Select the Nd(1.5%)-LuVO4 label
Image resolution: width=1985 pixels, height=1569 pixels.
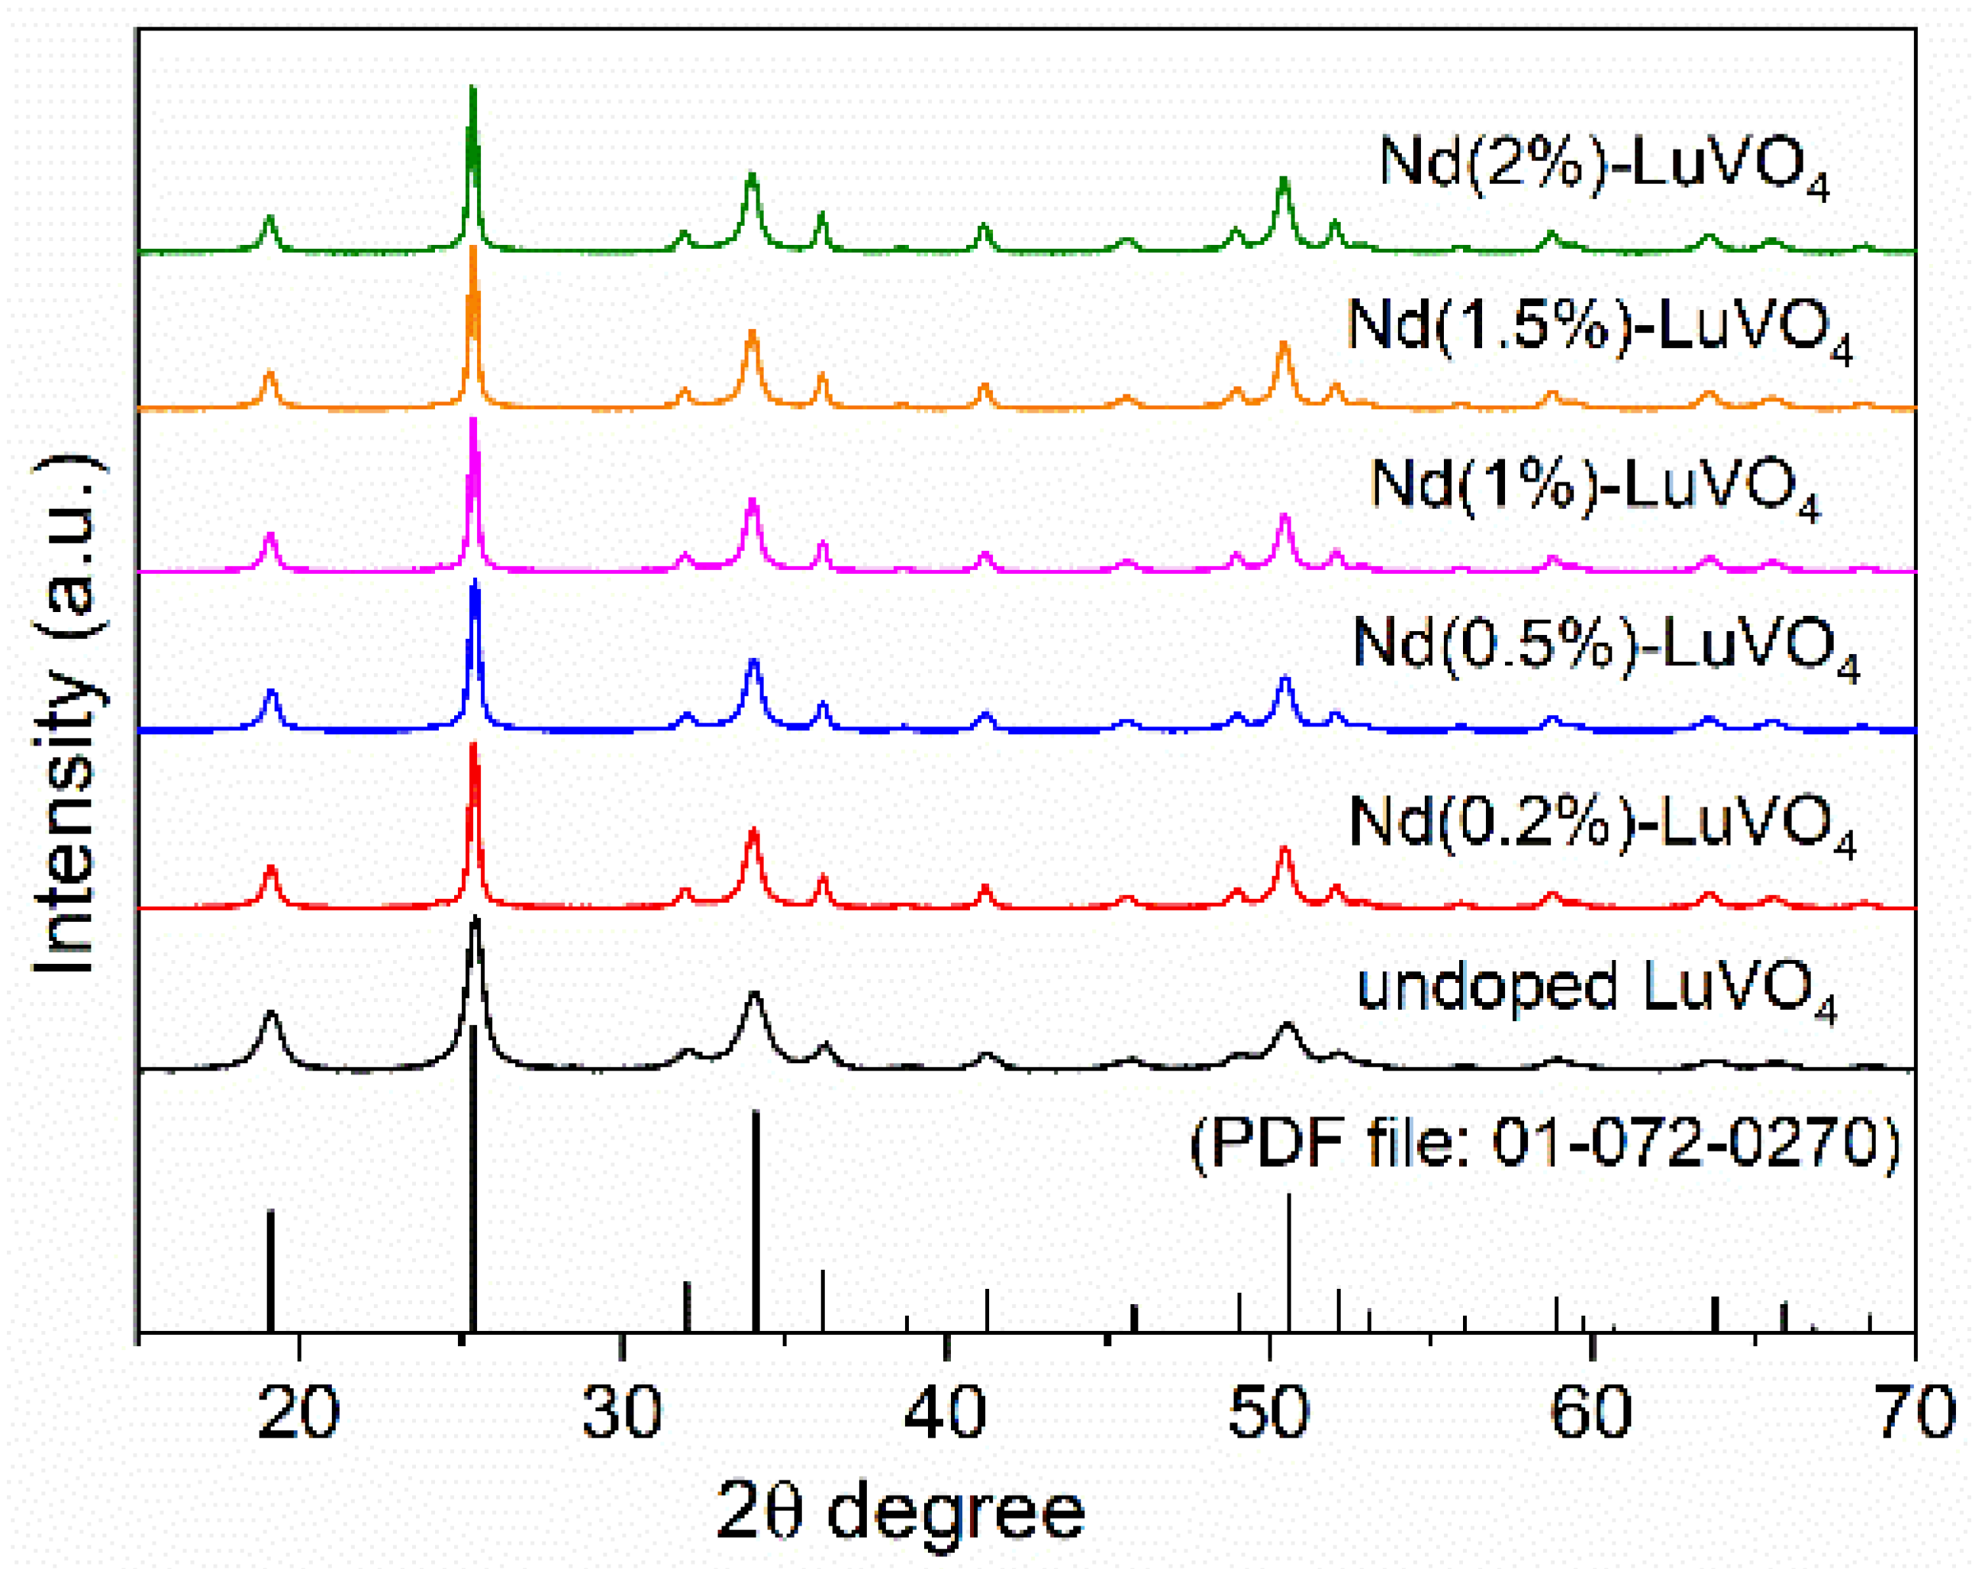coord(1598,329)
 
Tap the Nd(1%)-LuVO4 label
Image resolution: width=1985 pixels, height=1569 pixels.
coord(1594,488)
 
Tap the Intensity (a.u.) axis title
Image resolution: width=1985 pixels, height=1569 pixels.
coord(69,712)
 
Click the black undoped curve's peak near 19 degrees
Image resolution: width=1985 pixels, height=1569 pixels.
coord(271,1015)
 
